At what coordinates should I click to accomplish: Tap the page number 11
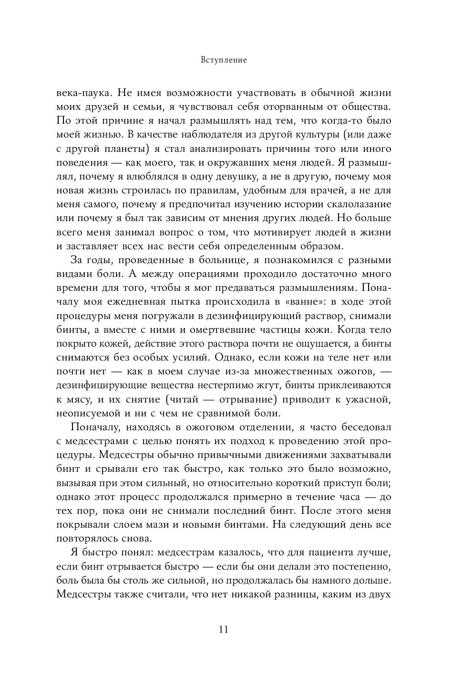tap(224, 629)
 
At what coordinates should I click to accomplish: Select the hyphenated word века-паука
tap(83, 93)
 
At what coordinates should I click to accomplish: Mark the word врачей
tap(336, 191)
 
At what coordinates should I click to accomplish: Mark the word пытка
tap(183, 302)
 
